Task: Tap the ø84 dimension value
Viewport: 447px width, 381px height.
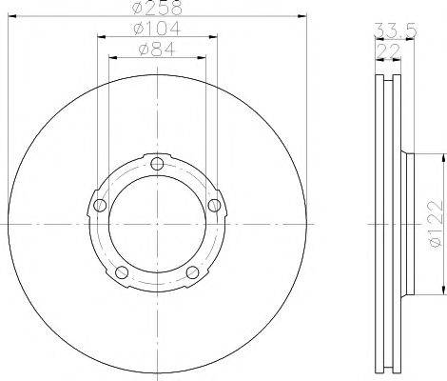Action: point(158,50)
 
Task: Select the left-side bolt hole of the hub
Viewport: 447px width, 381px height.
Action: point(99,205)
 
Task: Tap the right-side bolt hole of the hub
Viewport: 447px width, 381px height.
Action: point(216,205)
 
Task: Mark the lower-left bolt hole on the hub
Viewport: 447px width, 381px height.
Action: point(122,273)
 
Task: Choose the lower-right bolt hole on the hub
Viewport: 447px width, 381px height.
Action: point(194,273)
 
